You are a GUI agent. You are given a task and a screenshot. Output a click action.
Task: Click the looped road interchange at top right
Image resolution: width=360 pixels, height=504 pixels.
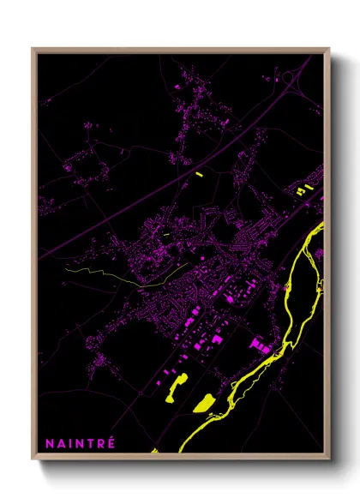click(x=289, y=79)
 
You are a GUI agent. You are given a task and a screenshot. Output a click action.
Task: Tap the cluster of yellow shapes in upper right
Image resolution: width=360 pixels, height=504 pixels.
click(x=303, y=189)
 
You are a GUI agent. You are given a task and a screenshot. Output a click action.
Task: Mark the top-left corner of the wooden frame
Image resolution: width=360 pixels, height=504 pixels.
click(x=33, y=50)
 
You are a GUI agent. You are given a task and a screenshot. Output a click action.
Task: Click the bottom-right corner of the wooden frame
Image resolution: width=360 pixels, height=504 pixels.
click(x=328, y=459)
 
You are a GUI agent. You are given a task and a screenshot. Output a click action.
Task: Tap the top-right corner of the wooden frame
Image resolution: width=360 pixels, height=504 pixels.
click(x=328, y=50)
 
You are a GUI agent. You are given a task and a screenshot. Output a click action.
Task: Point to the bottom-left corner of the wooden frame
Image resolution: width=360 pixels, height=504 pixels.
click(x=33, y=459)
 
